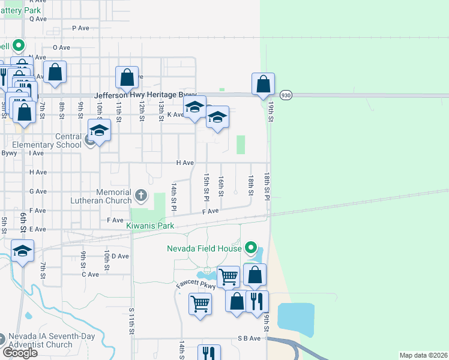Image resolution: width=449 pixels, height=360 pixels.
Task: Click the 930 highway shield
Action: pos(285,95)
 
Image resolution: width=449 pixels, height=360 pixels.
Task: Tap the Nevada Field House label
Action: pos(205,248)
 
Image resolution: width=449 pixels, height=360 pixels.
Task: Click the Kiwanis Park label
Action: pos(150,226)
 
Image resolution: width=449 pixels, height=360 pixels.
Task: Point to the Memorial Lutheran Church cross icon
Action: pos(141,194)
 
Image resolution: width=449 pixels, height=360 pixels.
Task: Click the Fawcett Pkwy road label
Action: pos(195,282)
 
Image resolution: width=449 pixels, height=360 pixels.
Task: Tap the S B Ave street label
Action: pos(249,338)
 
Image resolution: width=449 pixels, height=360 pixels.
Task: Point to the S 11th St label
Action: pos(131,323)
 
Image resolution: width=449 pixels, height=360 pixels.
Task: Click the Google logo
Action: pos(20,352)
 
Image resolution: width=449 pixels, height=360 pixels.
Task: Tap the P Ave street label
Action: pos(80,28)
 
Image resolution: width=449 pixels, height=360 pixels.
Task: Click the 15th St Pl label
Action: pos(206,187)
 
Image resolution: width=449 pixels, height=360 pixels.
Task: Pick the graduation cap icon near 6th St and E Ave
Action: pos(22,251)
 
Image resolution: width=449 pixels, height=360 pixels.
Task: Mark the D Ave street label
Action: pos(120,256)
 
